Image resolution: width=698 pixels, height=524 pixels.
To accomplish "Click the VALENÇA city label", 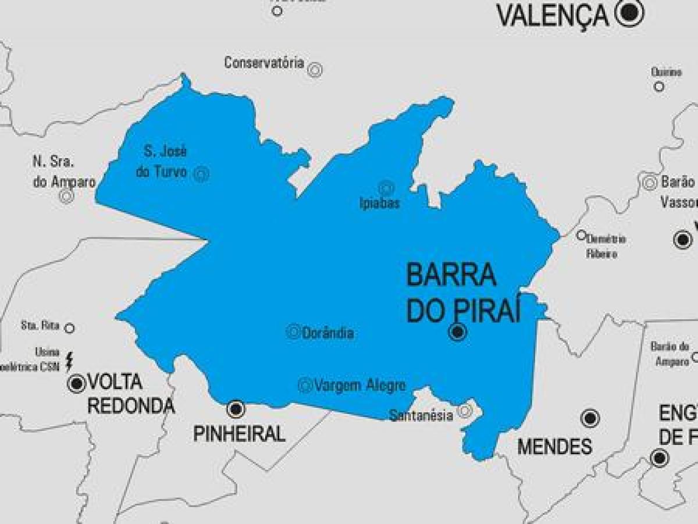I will point(553,16).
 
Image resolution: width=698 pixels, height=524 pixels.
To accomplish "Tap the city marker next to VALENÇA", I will point(629,13).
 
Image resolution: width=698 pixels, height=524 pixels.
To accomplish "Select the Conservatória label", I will point(264,63).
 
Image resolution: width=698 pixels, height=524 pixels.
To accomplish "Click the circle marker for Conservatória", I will point(315,69).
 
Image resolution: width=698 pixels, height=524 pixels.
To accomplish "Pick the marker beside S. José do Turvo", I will point(201,173).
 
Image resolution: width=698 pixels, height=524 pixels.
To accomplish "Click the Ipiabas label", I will point(380,204).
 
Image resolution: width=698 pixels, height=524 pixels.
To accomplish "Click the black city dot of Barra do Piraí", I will point(458,332).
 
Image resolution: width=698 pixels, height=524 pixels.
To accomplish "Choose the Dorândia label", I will point(328,333).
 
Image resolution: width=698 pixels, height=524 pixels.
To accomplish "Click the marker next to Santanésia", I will point(464,411).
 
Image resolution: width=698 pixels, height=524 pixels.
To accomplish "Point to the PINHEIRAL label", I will point(240,434).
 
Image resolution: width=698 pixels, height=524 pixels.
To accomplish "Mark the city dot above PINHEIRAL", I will point(236,409).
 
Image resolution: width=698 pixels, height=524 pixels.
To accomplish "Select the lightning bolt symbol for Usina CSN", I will point(69,361).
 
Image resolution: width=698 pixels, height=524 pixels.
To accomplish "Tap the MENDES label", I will point(554,447).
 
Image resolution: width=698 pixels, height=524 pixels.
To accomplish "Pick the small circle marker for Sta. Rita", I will point(69,328).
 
